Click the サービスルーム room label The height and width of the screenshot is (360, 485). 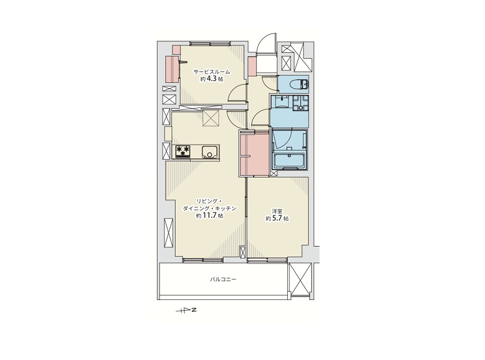pyautogui.click(x=212, y=72)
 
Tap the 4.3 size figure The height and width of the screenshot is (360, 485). pyautogui.click(x=212, y=79)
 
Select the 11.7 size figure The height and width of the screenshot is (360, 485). pyautogui.click(x=210, y=216)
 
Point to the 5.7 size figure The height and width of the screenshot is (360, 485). pyautogui.click(x=277, y=218)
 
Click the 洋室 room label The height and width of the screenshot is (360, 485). pyautogui.click(x=277, y=211)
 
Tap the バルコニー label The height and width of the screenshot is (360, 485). pyautogui.click(x=223, y=280)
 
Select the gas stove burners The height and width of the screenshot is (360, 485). pyautogui.click(x=183, y=152)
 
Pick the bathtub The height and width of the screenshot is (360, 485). pyautogui.click(x=289, y=161)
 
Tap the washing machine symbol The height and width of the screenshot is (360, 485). pyautogui.click(x=300, y=103)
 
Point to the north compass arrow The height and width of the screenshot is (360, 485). pyautogui.click(x=186, y=310)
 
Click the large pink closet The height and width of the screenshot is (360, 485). pyautogui.click(x=254, y=154)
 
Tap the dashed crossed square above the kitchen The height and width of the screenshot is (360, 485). pyautogui.click(x=211, y=118)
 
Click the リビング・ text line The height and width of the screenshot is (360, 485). pyautogui.click(x=209, y=201)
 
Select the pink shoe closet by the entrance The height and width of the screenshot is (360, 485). pyautogui.click(x=252, y=67)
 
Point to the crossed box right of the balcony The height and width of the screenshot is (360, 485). pyautogui.click(x=299, y=280)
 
